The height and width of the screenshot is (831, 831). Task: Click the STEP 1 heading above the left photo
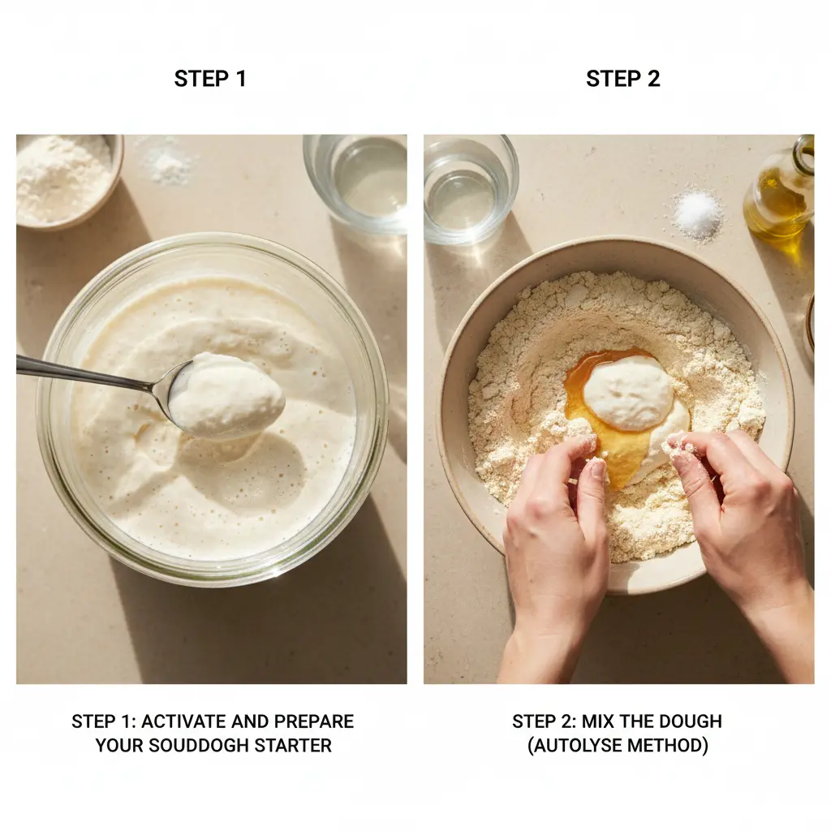click(x=210, y=79)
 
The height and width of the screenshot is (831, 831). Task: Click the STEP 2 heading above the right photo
click(x=622, y=79)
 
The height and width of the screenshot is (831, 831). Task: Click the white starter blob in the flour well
click(x=629, y=392)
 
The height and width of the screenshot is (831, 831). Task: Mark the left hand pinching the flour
click(x=557, y=551)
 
